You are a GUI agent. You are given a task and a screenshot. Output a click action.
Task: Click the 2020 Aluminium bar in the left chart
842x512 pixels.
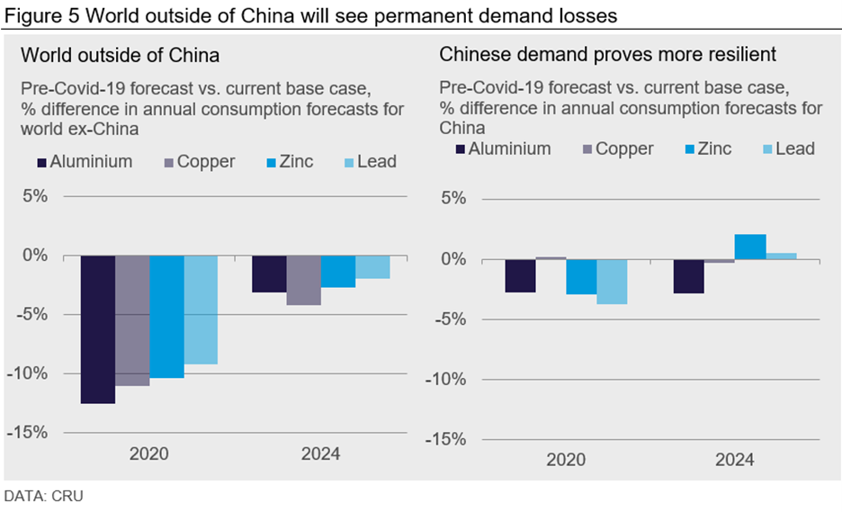point(97,329)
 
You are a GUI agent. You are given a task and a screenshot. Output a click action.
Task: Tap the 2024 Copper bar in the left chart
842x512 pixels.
point(303,280)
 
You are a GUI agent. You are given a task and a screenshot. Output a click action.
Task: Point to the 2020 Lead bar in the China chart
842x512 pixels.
point(611,282)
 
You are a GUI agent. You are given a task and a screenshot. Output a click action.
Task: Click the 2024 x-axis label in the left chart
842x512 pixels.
point(320,454)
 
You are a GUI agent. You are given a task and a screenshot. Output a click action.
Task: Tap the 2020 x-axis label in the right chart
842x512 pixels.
point(565,460)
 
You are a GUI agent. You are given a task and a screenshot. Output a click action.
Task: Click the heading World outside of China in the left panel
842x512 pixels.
point(120,56)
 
